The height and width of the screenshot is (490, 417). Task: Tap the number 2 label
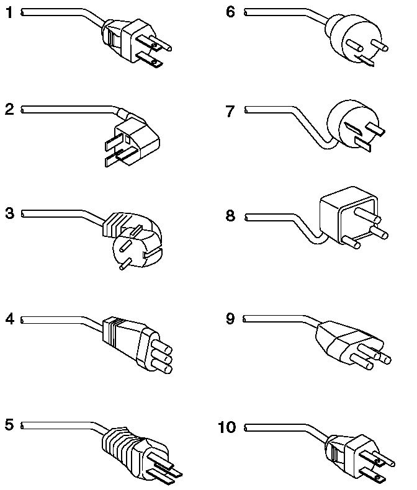point(9,110)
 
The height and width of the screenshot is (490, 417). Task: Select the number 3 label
point(9,214)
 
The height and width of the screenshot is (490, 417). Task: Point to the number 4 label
point(9,320)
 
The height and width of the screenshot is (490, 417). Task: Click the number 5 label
point(9,425)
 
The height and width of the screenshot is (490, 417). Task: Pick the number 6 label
point(231,12)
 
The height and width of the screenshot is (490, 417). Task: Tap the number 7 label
point(231,111)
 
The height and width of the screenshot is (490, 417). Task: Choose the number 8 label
point(231,216)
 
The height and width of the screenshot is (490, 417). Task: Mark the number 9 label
point(231,319)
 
